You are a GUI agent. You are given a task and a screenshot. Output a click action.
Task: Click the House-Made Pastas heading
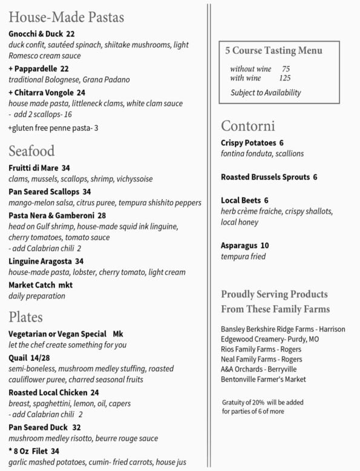(67, 17)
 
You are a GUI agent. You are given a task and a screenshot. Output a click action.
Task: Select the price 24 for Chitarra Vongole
(81, 93)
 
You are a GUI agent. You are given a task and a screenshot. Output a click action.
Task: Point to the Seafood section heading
(31, 151)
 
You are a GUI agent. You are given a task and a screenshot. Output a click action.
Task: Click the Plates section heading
(25, 317)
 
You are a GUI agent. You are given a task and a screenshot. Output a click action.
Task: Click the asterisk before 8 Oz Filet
(11, 450)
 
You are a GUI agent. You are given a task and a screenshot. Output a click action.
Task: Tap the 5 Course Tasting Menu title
(273, 51)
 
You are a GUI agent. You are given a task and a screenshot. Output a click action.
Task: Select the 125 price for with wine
(284, 78)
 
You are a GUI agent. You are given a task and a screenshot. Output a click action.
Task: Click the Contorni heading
(248, 127)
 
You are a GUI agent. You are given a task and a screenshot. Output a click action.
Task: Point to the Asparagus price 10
(264, 245)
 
